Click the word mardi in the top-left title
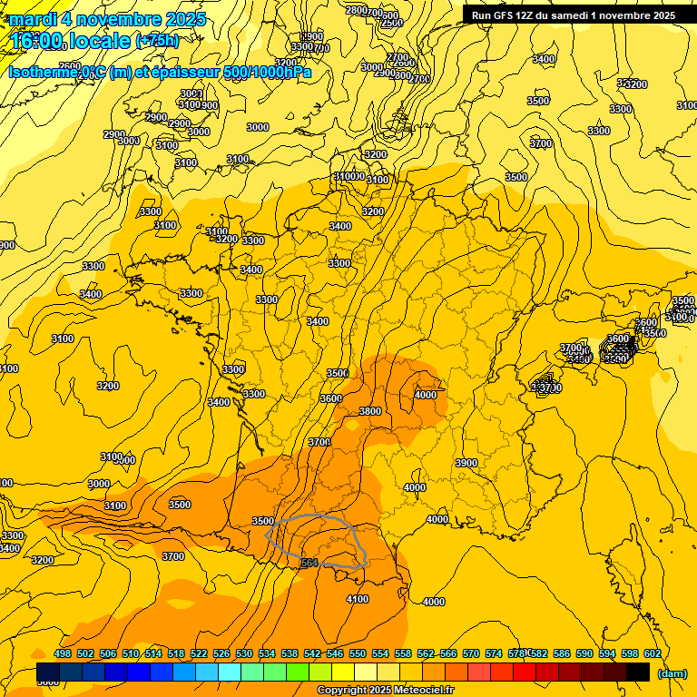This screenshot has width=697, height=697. tap(32, 19)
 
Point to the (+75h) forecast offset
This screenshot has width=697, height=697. tap(157, 40)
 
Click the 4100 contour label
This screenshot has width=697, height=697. tap(358, 599)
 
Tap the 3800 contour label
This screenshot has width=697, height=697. tap(370, 411)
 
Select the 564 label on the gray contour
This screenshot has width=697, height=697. tap(309, 564)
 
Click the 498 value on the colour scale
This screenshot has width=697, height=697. tap(63, 653)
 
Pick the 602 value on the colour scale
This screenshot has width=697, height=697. tap(652, 653)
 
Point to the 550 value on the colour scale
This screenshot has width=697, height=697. tap(358, 653)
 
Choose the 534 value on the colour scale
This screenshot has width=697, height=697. tap(267, 653)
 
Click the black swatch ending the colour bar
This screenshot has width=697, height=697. tap(638, 672)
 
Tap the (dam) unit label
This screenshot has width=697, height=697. tap(672, 672)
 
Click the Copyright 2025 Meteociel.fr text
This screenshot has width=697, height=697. tap(385, 690)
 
